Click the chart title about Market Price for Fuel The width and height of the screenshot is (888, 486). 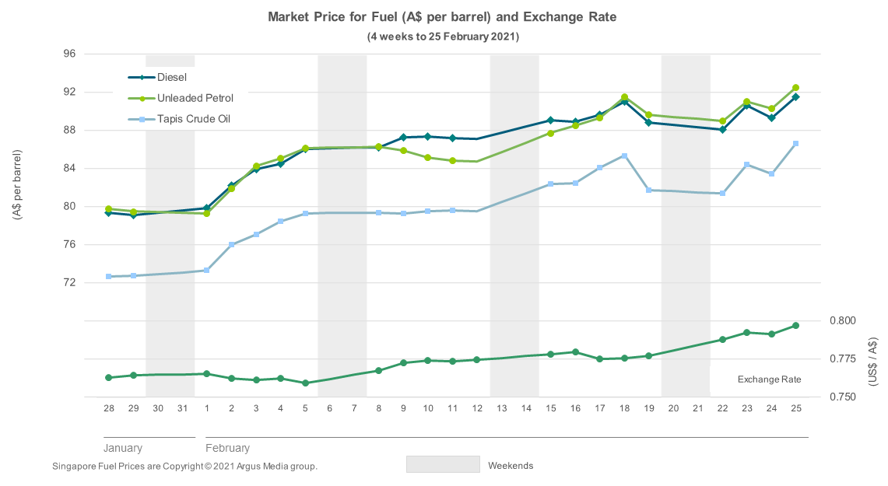click(x=442, y=17)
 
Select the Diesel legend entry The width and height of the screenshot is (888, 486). click(x=172, y=77)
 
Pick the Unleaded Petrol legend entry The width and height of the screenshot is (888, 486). click(x=195, y=98)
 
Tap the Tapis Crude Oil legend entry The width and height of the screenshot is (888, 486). click(x=193, y=119)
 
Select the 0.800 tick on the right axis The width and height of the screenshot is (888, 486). click(x=844, y=320)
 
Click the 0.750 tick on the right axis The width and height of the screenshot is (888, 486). click(x=844, y=397)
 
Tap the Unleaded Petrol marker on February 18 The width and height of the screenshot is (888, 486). click(x=624, y=97)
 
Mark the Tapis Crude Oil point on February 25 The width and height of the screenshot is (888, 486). click(x=795, y=144)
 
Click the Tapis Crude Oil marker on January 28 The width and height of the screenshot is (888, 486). click(x=109, y=277)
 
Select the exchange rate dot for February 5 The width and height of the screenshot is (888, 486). click(x=305, y=383)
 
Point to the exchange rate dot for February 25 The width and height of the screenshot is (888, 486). click(x=795, y=325)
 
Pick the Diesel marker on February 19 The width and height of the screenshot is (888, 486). click(x=648, y=123)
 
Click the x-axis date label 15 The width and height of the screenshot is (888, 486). click(x=550, y=408)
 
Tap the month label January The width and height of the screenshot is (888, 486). click(x=123, y=448)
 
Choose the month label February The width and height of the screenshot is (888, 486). click(x=227, y=448)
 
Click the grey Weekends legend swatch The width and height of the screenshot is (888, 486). click(x=443, y=464)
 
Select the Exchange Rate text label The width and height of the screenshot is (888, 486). click(x=769, y=379)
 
